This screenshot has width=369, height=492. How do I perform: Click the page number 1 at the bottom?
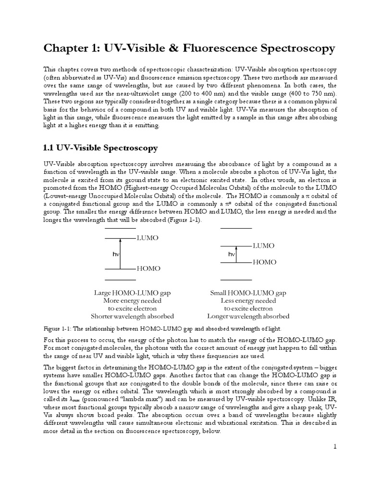[x=336, y=447]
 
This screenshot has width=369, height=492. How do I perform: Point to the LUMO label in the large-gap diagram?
[x=148, y=238]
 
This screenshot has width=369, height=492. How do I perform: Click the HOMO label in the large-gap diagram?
[x=148, y=269]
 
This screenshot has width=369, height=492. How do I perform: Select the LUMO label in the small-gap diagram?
[x=264, y=246]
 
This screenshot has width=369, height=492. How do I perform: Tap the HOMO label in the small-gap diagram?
[x=264, y=262]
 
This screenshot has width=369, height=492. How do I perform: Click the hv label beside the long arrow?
[x=116, y=253]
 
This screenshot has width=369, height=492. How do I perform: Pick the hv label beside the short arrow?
[x=232, y=254]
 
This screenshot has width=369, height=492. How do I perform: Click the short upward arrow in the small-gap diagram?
[x=236, y=254]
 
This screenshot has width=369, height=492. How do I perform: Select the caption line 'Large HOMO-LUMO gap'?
[x=132, y=293]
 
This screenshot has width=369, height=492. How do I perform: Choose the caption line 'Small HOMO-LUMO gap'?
[x=248, y=293]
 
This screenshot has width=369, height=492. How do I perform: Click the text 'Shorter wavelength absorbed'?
[x=132, y=316]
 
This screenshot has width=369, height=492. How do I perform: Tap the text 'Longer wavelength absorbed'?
[x=248, y=316]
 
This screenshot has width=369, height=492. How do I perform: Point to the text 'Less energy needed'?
[x=248, y=300]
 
